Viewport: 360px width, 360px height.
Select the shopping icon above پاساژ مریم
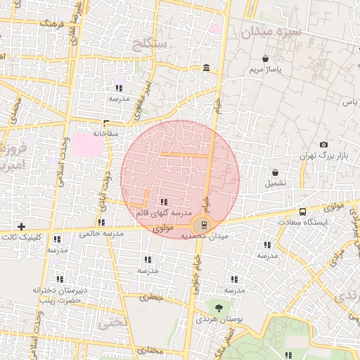click(x=265, y=59)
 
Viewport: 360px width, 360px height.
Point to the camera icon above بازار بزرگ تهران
click(x=323, y=144)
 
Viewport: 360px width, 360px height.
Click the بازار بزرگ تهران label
click(x=323, y=155)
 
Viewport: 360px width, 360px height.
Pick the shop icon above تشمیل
click(x=275, y=172)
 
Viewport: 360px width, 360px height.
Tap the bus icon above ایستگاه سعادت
click(x=302, y=212)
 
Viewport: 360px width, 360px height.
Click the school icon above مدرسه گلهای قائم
click(x=164, y=202)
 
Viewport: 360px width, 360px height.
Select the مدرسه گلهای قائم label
click(x=164, y=212)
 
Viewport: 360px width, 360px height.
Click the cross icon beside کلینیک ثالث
click(x=21, y=226)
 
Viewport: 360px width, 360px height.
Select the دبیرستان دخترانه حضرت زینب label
click(x=58, y=295)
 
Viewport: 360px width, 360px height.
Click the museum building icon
click(x=205, y=67)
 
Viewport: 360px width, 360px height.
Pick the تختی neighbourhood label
click(x=112, y=324)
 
